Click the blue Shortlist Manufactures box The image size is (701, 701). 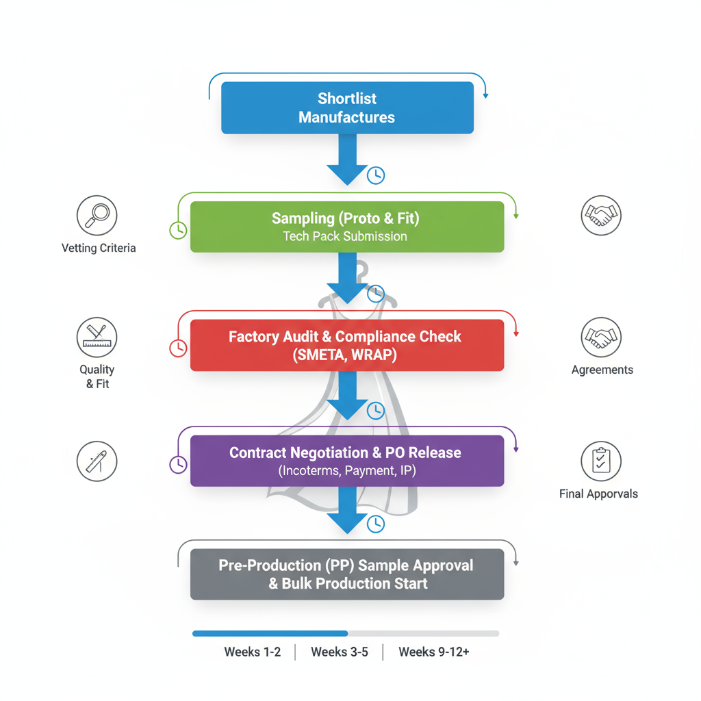click(347, 107)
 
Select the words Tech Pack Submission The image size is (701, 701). click(345, 236)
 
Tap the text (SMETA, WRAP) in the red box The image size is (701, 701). click(345, 355)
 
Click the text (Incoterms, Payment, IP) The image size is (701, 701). click(347, 471)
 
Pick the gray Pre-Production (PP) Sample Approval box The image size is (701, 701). click(347, 574)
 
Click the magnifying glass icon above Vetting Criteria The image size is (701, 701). click(97, 215)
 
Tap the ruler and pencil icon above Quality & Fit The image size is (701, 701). click(97, 337)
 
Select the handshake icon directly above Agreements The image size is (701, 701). click(601, 337)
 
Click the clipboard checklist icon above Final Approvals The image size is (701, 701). click(601, 461)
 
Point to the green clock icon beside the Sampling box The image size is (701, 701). click(178, 229)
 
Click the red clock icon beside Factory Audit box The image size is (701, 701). click(178, 348)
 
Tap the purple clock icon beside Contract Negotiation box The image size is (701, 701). click(178, 464)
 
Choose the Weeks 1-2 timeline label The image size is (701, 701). click(253, 652)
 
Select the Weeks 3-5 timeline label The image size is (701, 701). click(340, 652)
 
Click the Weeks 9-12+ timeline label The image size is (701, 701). click(434, 652)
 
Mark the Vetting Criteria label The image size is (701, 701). click(99, 248)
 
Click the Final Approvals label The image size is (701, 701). click(598, 494)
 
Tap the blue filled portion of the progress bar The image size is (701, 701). click(270, 633)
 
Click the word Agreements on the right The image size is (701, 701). click(602, 370)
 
